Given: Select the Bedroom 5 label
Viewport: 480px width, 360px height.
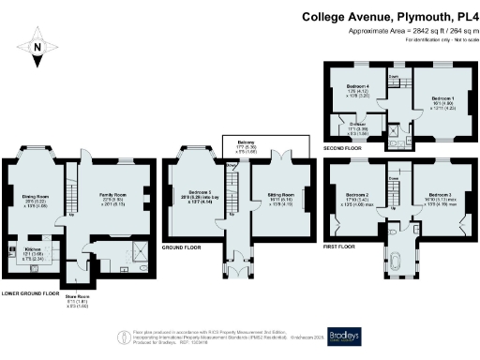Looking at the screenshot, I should pos(195,195).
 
